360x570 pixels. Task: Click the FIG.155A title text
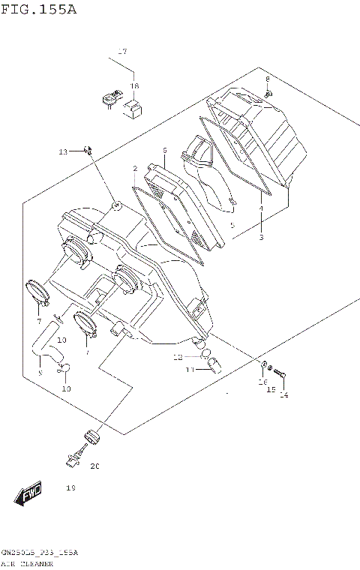tap(39, 10)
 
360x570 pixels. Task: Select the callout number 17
tap(122, 52)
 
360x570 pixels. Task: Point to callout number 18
tap(134, 86)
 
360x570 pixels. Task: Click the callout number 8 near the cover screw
tap(266, 79)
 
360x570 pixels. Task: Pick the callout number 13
tap(64, 152)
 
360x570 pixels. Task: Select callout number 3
tap(261, 237)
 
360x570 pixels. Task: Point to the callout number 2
tap(135, 169)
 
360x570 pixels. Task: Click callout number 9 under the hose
tap(41, 371)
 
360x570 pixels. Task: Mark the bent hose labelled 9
tap(45, 341)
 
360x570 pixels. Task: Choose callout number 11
tap(190, 370)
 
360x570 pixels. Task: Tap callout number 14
tap(284, 395)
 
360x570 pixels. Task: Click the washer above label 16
tap(264, 365)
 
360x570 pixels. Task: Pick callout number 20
tap(94, 466)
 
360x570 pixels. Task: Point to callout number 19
tap(71, 488)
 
